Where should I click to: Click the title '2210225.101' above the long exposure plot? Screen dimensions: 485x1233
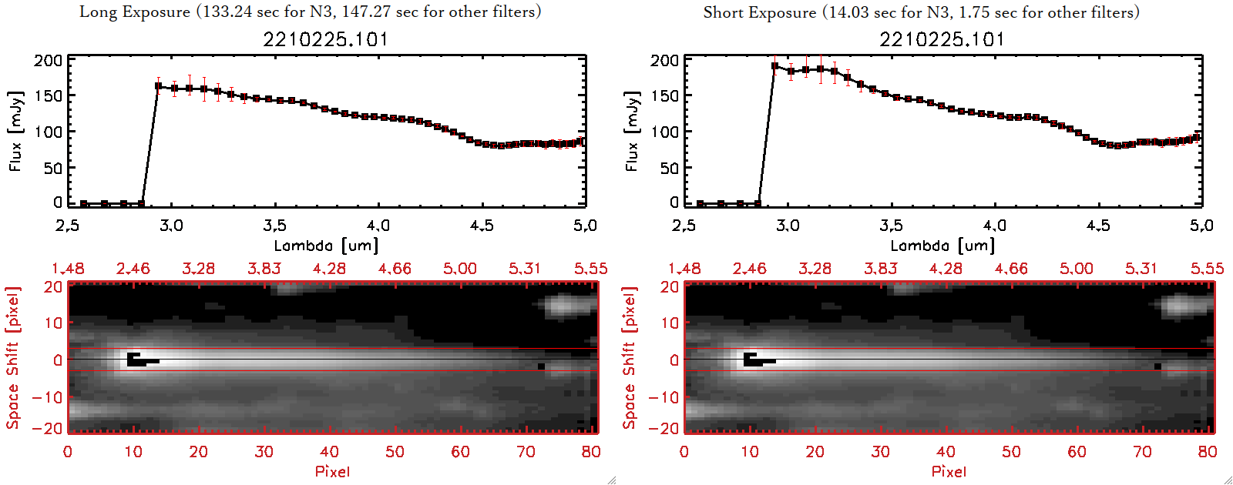326,39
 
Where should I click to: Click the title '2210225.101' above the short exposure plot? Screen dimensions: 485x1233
942,39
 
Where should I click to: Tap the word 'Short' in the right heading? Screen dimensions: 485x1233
724,12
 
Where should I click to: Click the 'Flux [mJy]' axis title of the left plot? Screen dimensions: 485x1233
16,131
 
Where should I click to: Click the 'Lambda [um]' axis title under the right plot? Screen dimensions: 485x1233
942,246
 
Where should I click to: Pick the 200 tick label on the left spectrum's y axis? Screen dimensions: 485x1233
48,61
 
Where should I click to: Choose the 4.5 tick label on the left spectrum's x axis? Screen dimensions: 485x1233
482,226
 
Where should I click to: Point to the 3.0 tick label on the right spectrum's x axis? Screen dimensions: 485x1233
788,226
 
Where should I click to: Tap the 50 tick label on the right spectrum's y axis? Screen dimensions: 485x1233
670,168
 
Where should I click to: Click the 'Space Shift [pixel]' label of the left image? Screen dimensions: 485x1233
12,358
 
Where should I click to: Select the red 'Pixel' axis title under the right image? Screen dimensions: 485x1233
949,471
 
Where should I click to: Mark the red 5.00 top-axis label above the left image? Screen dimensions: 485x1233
460,269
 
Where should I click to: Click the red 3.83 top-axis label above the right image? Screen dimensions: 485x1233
880,269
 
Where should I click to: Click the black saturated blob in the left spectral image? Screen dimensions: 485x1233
137,360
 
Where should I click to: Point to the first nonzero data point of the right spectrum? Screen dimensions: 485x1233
774,66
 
